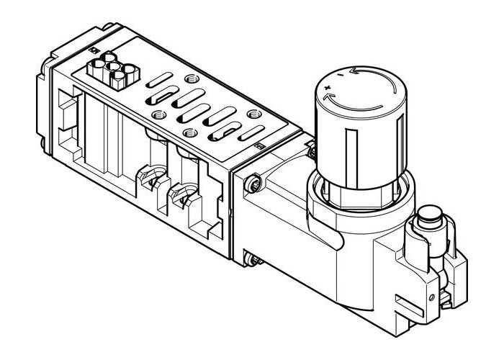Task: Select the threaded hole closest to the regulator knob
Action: pos(254,114)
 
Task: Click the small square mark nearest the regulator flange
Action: pos(260,147)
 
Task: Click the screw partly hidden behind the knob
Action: pos(311,150)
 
